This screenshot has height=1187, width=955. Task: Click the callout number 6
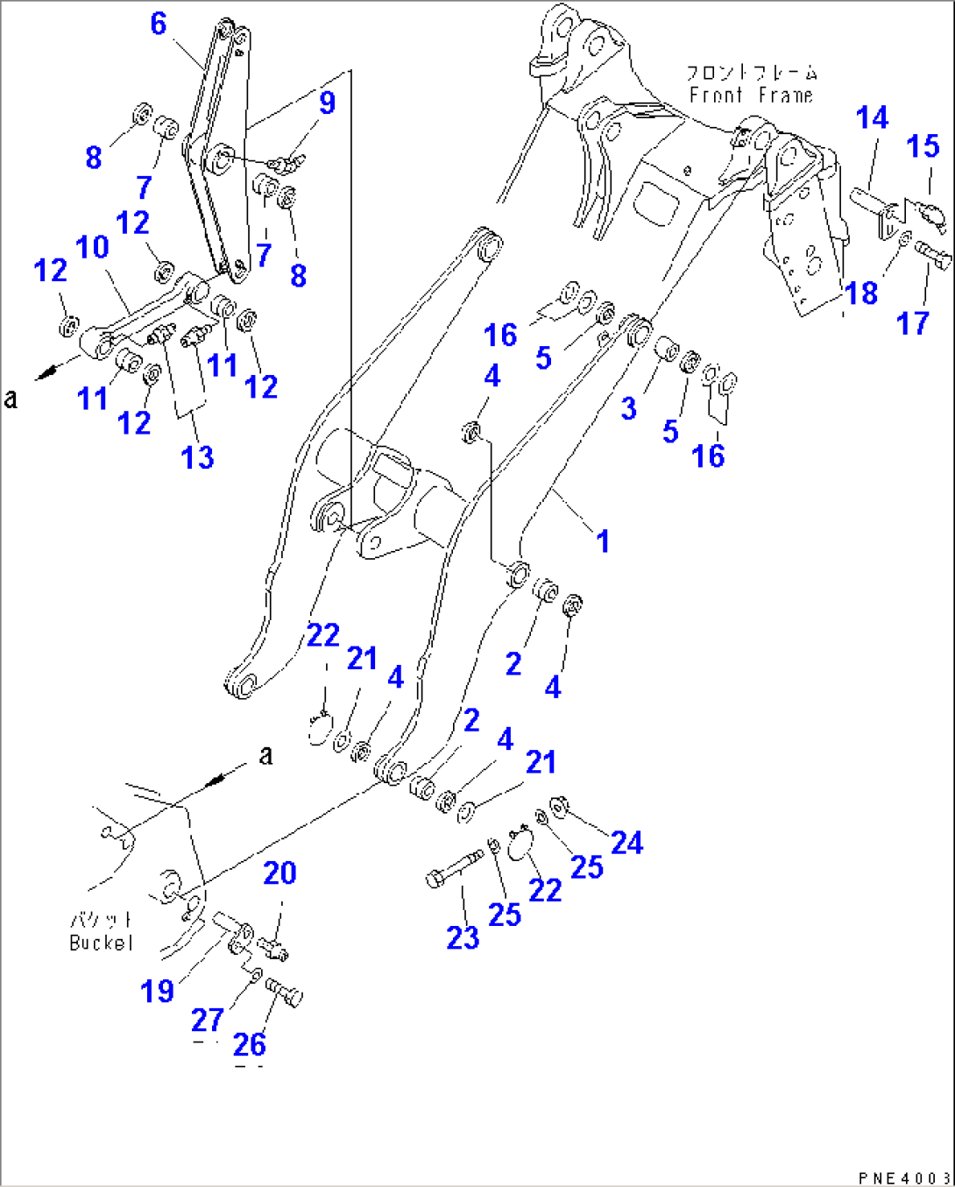158,24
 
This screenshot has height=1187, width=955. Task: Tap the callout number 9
327,102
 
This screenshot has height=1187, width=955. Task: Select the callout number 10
92,247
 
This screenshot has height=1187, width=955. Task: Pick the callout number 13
197,456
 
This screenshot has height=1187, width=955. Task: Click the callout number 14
872,117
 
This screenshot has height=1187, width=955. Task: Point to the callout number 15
923,145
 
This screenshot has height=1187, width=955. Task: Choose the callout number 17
912,323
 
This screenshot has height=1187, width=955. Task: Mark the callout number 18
861,293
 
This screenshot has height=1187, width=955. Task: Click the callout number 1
603,541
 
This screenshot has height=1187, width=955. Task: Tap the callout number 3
628,407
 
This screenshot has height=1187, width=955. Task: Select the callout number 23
463,937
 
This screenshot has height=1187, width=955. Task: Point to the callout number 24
626,843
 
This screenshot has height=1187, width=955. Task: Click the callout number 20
279,873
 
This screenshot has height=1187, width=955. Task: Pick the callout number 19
158,991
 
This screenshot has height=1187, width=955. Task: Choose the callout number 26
250,1044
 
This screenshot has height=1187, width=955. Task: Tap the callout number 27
208,1020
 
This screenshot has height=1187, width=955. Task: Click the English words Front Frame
751,95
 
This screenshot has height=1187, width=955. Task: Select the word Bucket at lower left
102,943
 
